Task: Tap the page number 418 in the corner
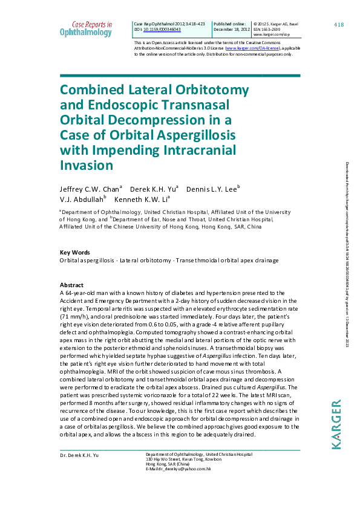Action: [x=339, y=24]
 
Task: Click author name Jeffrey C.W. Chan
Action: [x=88, y=189]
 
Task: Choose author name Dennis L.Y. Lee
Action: [x=211, y=189]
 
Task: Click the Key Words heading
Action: [x=74, y=252]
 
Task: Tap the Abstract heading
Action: [x=71, y=285]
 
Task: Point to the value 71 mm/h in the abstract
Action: [x=74, y=316]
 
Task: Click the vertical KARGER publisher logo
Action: [x=337, y=424]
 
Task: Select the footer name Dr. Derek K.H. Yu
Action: [x=80, y=454]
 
